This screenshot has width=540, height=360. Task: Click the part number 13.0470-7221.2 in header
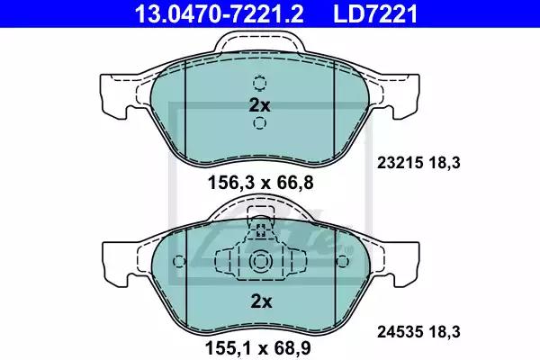pyautogui.click(x=220, y=13)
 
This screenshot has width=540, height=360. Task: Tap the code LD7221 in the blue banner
pyautogui.click(x=375, y=13)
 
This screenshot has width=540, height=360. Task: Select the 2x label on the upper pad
pyautogui.click(x=260, y=105)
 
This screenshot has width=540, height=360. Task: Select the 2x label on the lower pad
pyautogui.click(x=261, y=301)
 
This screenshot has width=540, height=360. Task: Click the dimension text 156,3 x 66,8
pyautogui.click(x=261, y=183)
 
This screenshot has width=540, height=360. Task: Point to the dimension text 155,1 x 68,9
pyautogui.click(x=258, y=348)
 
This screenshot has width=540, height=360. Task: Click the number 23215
pyautogui.click(x=400, y=163)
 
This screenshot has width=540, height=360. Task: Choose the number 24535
pyautogui.click(x=400, y=332)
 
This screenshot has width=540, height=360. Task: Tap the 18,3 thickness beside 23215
pyautogui.click(x=445, y=163)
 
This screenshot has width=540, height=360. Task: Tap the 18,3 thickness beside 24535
pyautogui.click(x=445, y=332)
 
